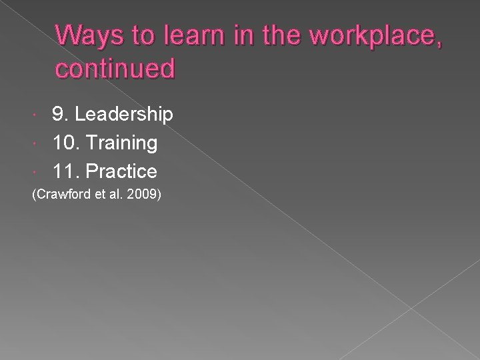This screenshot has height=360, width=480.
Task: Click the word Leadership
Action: tap(124, 115)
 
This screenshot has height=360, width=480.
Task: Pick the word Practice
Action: tap(121, 171)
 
